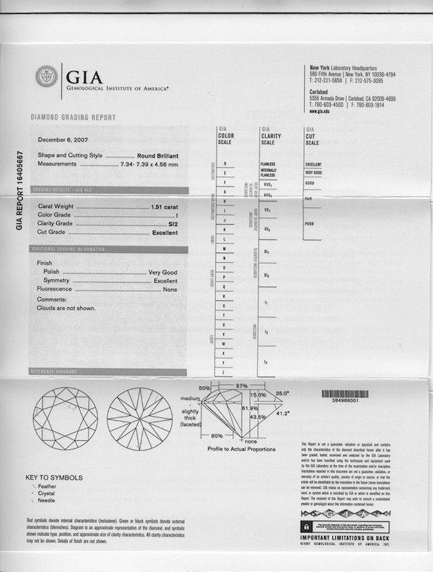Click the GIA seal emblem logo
pyautogui.click(x=46, y=76)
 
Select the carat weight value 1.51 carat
pyautogui.click(x=164, y=207)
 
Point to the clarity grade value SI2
pyautogui.click(x=172, y=224)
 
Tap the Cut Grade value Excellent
pyautogui.click(x=164, y=233)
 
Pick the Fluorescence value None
pyautogui.click(x=169, y=289)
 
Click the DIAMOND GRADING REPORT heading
pyautogui.click(x=73, y=118)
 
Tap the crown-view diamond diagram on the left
pyautogui.click(x=65, y=418)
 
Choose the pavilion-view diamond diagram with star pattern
pyautogui.click(x=139, y=418)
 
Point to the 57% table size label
pyautogui.click(x=241, y=385)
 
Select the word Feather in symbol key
pyautogui.click(x=49, y=488)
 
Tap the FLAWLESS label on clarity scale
pyautogui.click(x=268, y=164)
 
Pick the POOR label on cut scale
pyautogui.click(x=309, y=224)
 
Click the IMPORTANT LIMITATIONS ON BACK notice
pyautogui.click(x=344, y=537)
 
